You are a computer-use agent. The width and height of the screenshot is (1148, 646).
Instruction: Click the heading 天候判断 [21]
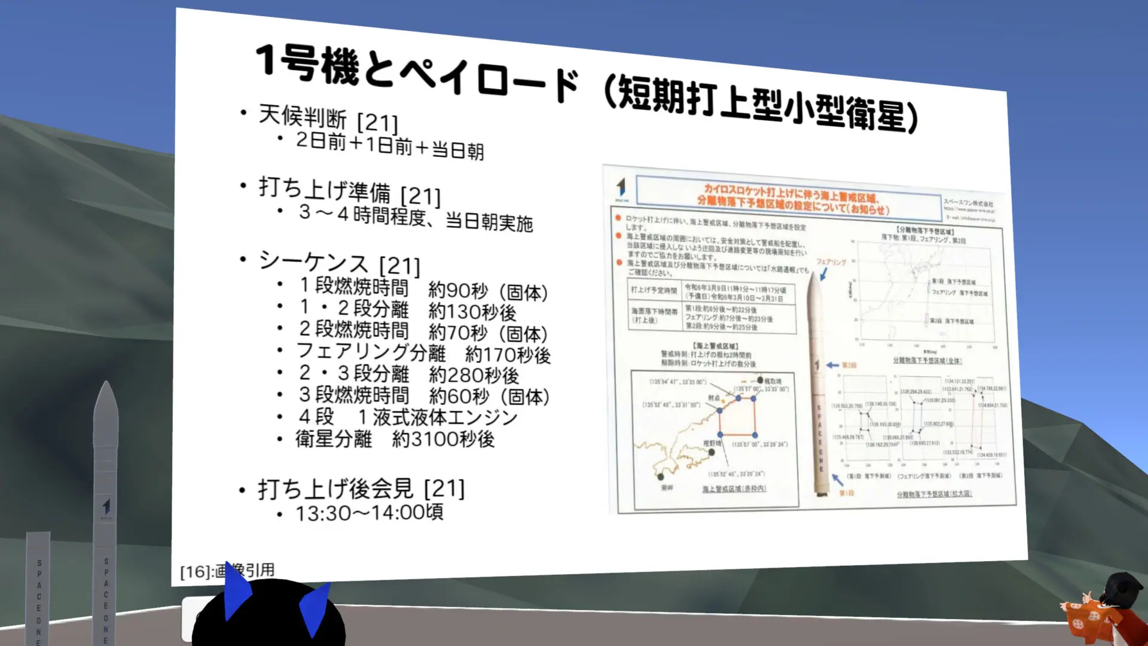coord(328,118)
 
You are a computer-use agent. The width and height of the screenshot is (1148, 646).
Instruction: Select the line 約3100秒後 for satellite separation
coord(443,440)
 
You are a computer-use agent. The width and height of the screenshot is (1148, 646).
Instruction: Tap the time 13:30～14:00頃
coord(369,513)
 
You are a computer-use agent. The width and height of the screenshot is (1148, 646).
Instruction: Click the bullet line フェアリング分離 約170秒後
coord(423,354)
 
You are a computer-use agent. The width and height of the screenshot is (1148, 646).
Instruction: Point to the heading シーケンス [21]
coord(340,264)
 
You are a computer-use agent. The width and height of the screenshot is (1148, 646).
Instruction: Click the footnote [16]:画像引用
coord(227,571)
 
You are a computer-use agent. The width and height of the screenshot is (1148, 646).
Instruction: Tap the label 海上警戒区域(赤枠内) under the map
coord(734,489)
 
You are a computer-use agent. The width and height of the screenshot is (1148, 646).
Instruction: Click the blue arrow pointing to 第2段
coord(832,365)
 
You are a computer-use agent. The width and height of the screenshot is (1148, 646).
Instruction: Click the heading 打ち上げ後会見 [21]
coord(361,489)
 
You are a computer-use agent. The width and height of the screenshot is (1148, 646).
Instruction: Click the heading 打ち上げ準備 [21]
coord(350,191)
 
